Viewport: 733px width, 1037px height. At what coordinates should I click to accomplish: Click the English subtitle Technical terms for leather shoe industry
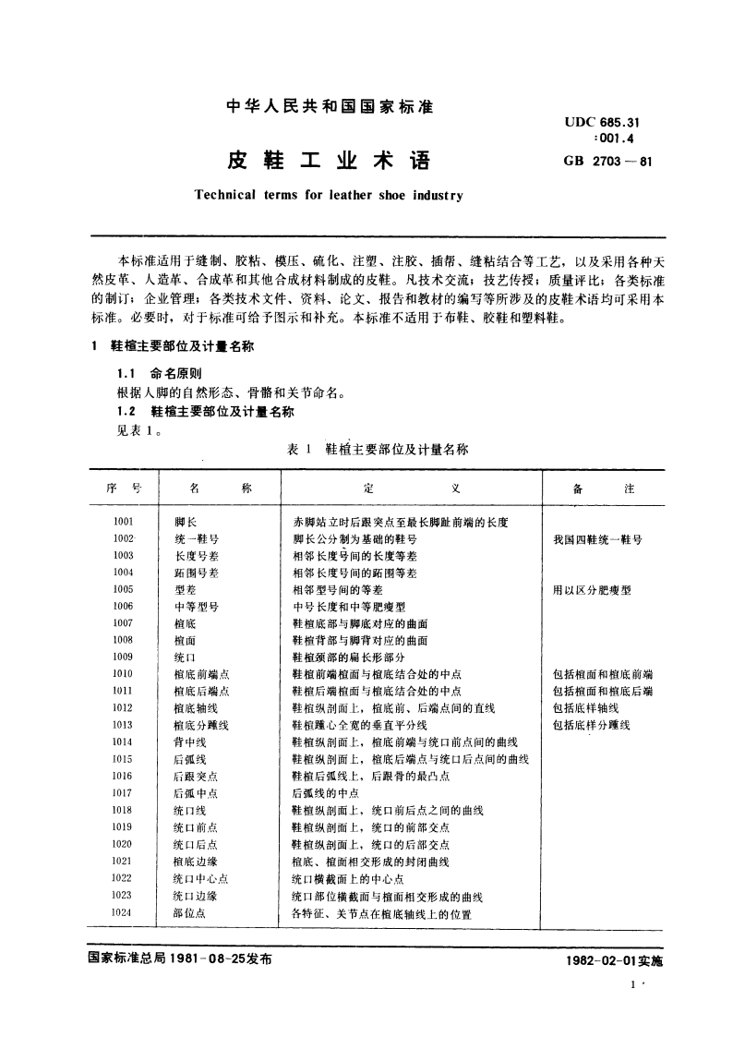tap(329, 196)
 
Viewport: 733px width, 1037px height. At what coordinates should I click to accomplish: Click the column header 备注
tap(603, 488)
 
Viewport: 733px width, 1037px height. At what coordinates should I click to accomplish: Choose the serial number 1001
tap(123, 522)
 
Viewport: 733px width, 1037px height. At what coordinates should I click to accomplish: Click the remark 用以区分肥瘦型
tap(592, 589)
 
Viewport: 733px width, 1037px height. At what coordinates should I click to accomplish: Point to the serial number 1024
tap(123, 912)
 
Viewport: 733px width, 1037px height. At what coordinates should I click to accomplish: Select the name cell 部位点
tap(189, 912)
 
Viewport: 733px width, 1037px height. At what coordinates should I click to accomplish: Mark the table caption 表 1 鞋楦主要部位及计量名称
tap(379, 449)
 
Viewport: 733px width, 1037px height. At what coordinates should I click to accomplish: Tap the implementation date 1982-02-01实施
tap(610, 961)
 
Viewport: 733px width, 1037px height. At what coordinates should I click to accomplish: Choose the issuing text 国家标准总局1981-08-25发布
tap(181, 959)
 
